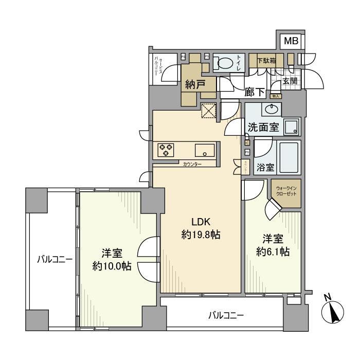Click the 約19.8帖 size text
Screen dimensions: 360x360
tap(201, 235)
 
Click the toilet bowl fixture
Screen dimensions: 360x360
tap(224, 64)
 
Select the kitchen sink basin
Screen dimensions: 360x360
tap(205, 150)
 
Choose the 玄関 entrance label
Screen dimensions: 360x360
tap(290, 81)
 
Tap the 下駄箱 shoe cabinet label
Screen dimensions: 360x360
tap(266, 60)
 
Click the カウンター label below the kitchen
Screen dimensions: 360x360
tap(192, 164)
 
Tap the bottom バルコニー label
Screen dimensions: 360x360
tap(226, 315)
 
